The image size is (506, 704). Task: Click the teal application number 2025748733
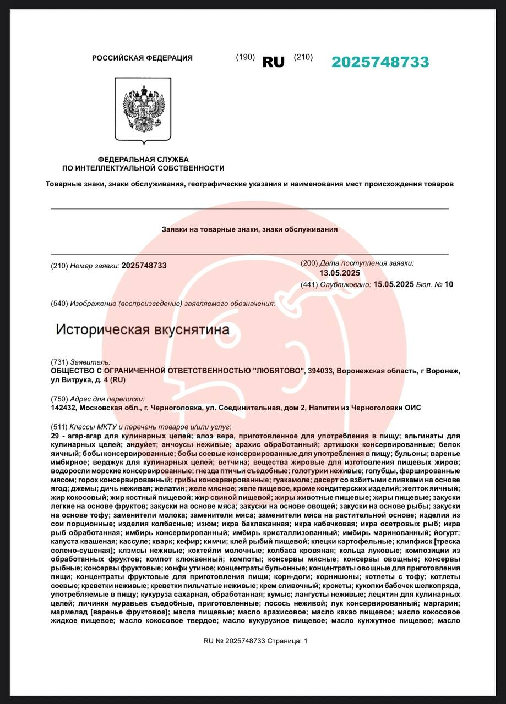(x=380, y=62)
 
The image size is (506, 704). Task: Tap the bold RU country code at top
(x=274, y=62)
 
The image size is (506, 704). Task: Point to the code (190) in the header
(x=245, y=57)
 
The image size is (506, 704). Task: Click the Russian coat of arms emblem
(x=143, y=109)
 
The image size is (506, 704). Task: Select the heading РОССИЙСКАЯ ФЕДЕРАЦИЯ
(x=142, y=58)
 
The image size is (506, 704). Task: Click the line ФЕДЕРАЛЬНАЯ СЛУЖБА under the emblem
(x=143, y=159)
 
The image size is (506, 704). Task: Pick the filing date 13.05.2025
(x=340, y=273)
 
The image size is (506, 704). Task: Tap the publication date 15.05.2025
(x=394, y=284)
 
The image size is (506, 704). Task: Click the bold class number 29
(x=55, y=436)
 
